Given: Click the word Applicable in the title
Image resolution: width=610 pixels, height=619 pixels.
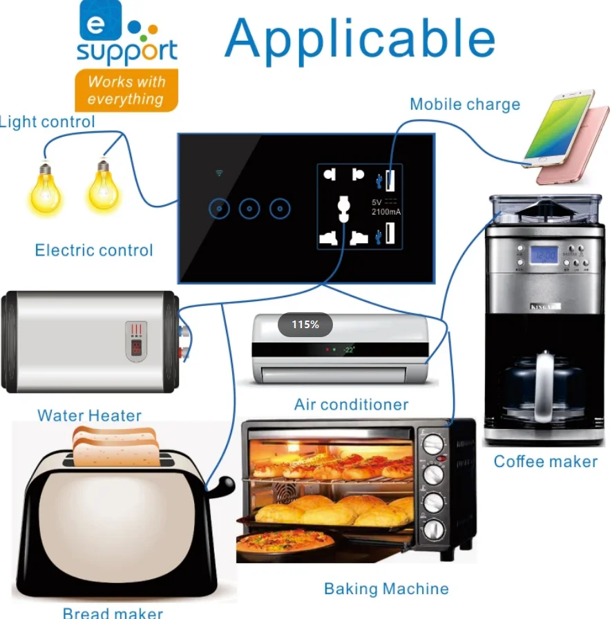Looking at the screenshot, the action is (x=360, y=38).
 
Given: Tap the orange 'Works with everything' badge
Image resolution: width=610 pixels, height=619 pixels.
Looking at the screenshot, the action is (x=126, y=91).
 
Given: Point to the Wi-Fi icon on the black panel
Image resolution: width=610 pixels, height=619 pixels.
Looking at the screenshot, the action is (x=219, y=173).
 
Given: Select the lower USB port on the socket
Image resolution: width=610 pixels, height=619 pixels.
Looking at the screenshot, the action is (x=390, y=234).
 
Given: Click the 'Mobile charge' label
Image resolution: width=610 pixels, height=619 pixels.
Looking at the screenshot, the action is (x=464, y=105).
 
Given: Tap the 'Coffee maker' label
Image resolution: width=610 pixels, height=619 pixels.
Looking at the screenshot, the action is (x=545, y=461).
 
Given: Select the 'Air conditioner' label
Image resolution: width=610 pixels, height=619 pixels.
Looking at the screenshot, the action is (x=351, y=404).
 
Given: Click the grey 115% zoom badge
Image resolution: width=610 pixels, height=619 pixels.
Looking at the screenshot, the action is (x=305, y=325).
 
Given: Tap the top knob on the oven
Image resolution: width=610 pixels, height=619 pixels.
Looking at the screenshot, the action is (x=432, y=444).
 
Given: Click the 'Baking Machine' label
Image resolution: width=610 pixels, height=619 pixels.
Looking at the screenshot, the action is (x=386, y=589).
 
